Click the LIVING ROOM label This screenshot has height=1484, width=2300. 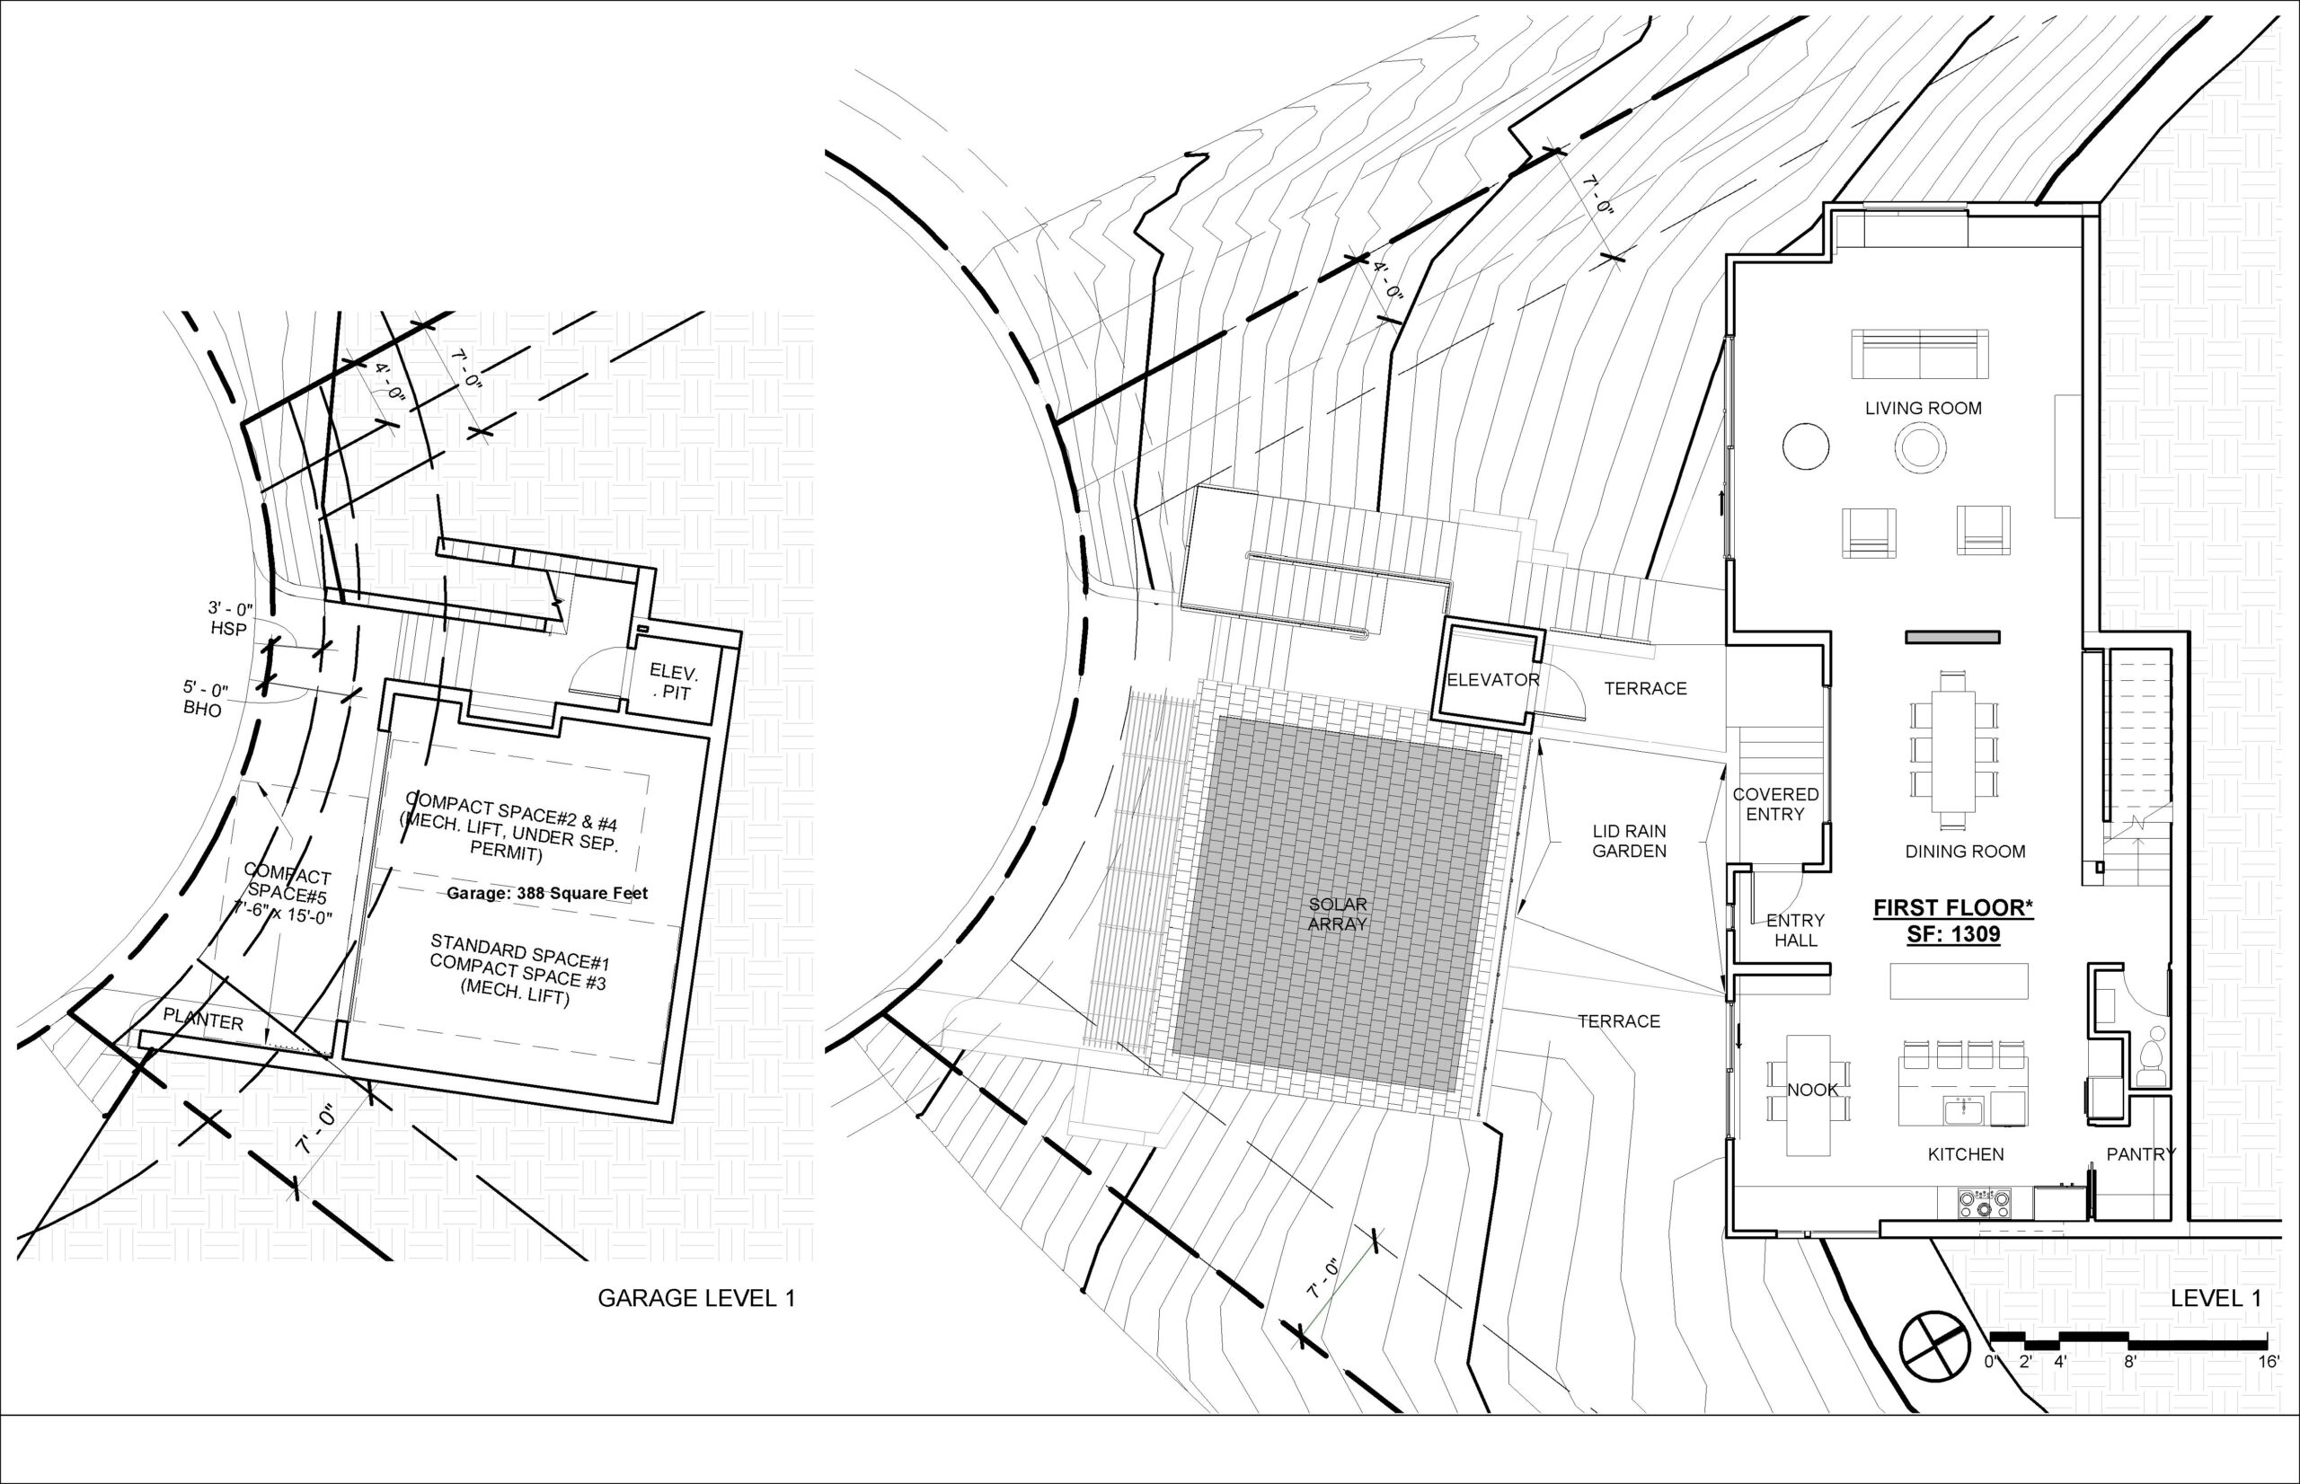click(1923, 409)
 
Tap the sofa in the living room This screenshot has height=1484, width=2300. click(1920, 354)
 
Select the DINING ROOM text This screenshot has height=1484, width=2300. click(1965, 852)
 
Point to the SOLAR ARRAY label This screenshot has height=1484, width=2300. click(1338, 914)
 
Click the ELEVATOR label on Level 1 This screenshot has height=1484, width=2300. click(1492, 680)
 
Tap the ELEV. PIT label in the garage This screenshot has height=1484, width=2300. click(672, 681)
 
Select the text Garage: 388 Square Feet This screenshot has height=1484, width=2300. click(546, 894)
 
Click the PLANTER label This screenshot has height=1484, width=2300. click(202, 1020)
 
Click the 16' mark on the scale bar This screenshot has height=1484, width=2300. click(2266, 1363)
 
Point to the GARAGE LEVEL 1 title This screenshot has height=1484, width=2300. click(695, 1298)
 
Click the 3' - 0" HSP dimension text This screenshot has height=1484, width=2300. click(229, 619)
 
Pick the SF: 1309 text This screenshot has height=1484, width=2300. click(1952, 933)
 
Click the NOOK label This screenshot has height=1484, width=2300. click(1812, 1090)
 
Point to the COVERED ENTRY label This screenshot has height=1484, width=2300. click(1775, 805)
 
